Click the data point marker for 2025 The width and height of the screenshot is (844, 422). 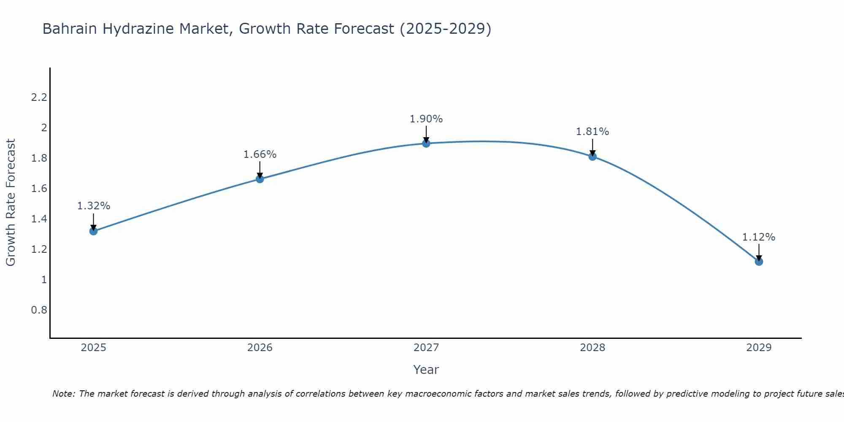94,231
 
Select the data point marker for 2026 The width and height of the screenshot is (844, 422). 260,179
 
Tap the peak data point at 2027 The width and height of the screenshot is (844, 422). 426,143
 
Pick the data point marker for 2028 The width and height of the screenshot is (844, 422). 592,157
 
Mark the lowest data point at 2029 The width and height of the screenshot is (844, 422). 759,262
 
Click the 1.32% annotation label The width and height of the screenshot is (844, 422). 94,206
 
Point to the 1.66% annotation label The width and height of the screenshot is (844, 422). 260,154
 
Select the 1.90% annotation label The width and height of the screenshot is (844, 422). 426,119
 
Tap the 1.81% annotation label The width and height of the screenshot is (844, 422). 592,132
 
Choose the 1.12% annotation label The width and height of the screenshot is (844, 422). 759,237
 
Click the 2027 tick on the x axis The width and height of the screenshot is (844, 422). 426,348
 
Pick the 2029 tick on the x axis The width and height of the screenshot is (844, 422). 759,348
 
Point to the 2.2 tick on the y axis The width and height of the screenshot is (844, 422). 39,97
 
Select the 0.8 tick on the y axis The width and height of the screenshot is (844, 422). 39,310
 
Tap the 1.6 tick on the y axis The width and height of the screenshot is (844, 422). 39,189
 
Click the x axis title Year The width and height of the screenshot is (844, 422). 426,370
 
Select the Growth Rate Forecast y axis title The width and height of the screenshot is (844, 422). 11,203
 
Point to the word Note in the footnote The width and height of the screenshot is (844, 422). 63,394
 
